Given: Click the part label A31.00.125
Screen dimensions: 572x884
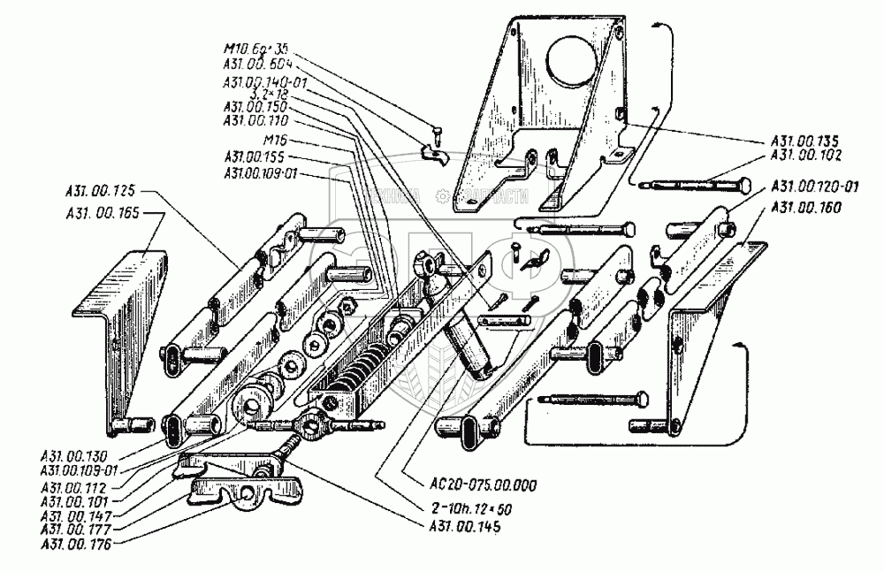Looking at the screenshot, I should (x=100, y=189).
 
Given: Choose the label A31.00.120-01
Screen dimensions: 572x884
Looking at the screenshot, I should (x=813, y=187).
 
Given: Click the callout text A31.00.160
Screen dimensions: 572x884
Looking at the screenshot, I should (x=806, y=207).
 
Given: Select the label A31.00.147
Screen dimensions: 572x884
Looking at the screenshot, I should (x=78, y=513).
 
